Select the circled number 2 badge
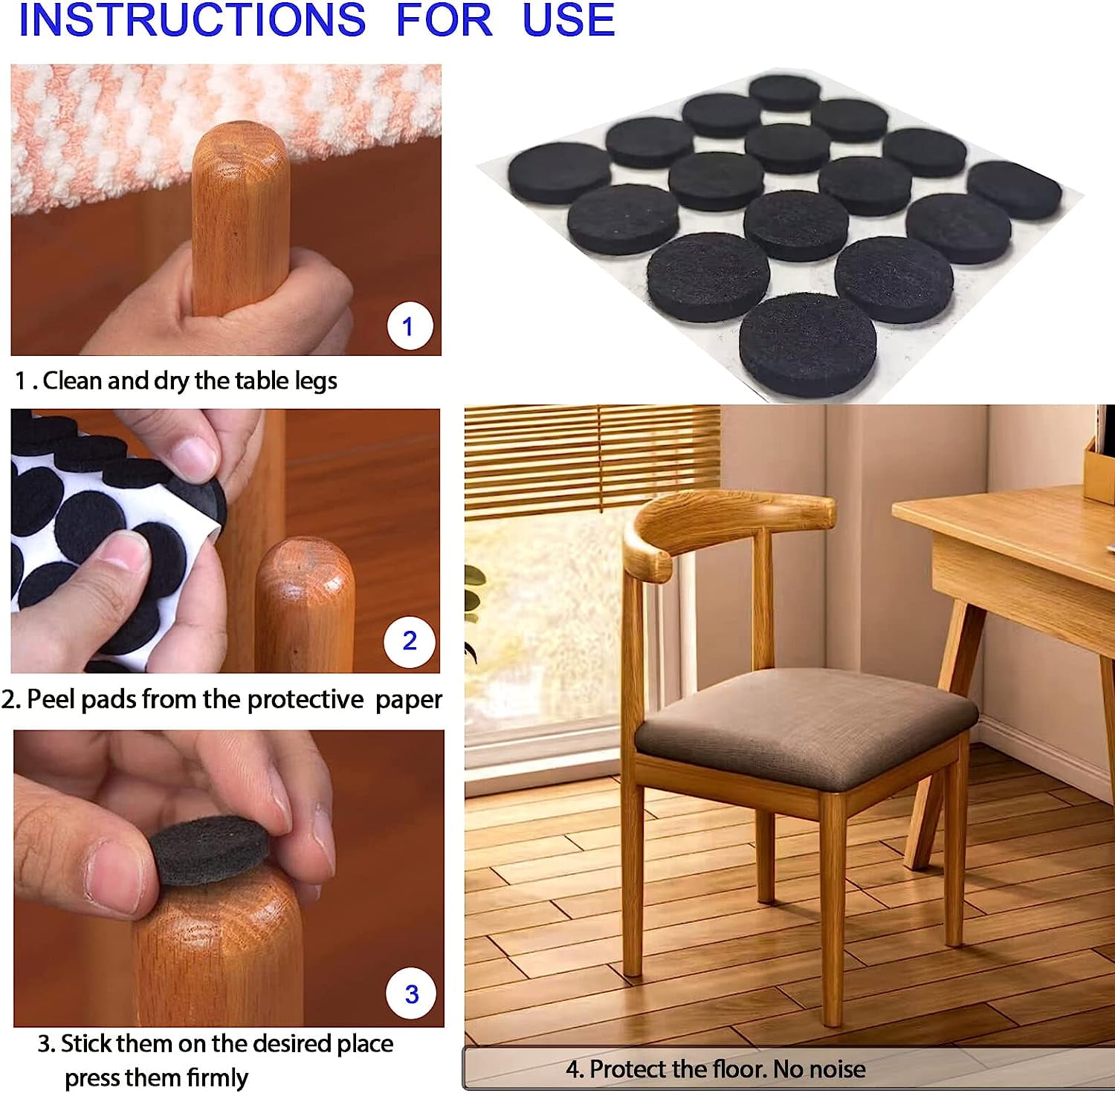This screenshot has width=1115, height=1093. click(410, 640)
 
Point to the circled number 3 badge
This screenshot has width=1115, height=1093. click(412, 994)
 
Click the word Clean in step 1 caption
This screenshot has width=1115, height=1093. click(73, 380)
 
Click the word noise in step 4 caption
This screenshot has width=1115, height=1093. click(837, 1069)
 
